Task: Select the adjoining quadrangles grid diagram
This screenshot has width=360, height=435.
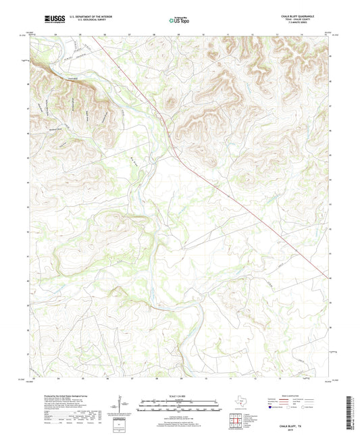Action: (236, 422)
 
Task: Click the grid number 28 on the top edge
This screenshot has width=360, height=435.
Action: (155, 32)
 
